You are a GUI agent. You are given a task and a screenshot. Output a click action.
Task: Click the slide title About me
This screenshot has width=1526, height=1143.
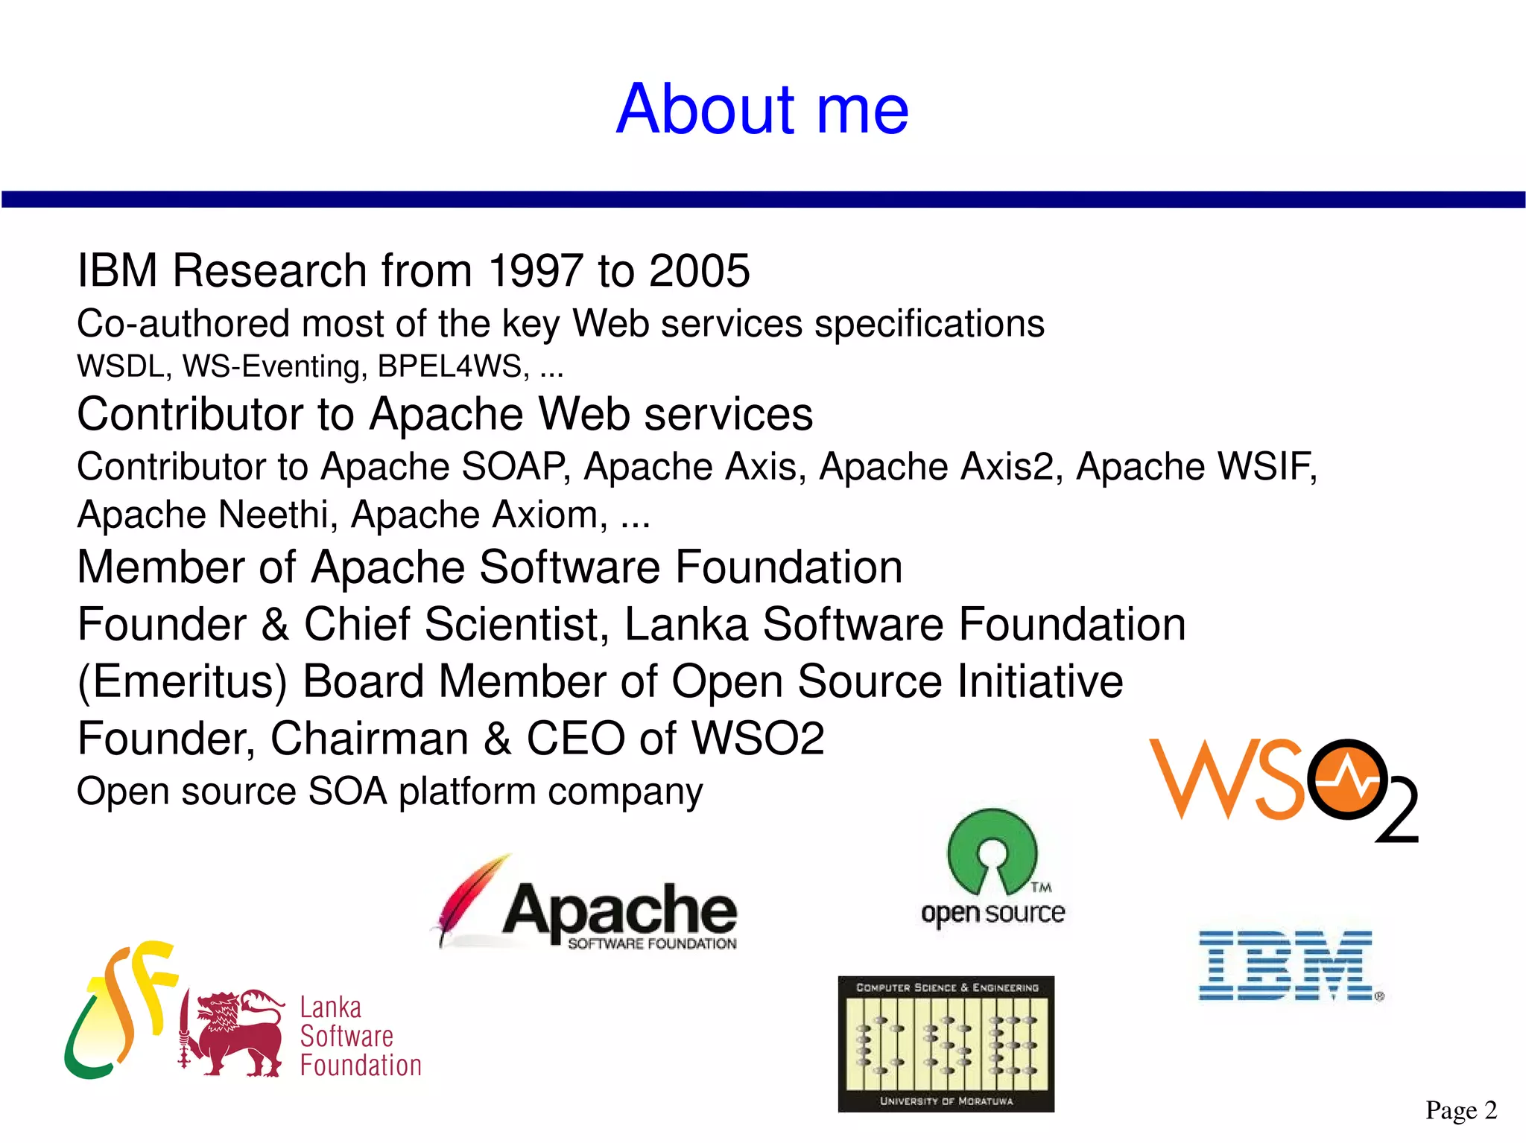click(x=762, y=109)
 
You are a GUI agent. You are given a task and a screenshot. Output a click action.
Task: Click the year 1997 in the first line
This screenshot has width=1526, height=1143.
click(x=535, y=270)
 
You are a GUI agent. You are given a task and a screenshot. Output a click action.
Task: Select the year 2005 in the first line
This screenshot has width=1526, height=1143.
click(x=699, y=270)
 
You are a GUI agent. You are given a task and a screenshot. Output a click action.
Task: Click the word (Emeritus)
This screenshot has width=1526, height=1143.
click(x=183, y=681)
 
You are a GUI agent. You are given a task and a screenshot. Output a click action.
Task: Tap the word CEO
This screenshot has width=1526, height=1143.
click(x=576, y=738)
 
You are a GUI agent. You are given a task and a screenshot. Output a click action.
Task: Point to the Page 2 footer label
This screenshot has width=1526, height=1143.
click(x=1460, y=1109)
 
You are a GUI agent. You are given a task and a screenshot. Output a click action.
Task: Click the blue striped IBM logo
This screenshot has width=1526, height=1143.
click(x=1288, y=965)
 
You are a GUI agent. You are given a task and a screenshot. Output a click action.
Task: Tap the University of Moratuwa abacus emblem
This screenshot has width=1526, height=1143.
click(x=946, y=1043)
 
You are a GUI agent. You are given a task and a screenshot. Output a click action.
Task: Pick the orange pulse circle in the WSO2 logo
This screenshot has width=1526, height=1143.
click(x=1347, y=779)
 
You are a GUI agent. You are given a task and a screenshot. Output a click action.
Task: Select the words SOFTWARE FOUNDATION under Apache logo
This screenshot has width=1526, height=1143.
click(x=652, y=944)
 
